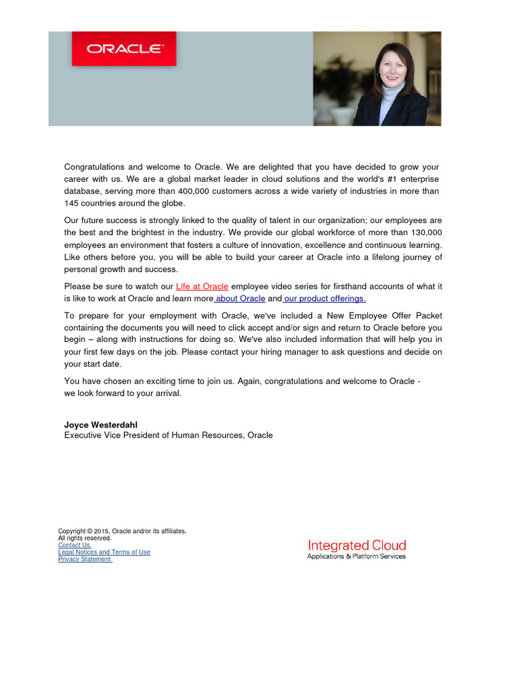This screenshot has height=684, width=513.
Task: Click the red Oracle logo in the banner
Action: click(124, 49)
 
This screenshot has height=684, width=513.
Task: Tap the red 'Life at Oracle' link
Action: click(202, 287)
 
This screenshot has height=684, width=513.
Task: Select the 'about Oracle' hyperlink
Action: click(240, 299)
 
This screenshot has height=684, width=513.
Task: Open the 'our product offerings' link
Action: click(325, 299)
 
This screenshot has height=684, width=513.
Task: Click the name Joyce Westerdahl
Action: click(101, 425)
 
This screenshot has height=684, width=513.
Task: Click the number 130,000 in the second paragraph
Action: click(419, 232)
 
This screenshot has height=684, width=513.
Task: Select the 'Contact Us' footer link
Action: click(74, 545)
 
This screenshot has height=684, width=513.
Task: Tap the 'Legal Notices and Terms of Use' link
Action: click(104, 552)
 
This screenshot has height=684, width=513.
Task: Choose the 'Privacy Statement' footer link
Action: click(85, 559)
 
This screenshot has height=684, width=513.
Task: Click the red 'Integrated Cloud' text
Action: click(356, 546)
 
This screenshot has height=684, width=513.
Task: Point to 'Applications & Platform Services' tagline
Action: click(356, 556)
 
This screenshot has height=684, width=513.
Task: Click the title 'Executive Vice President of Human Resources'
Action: click(154, 436)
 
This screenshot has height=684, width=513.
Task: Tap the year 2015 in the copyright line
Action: click(102, 531)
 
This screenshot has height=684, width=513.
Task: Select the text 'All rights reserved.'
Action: click(85, 538)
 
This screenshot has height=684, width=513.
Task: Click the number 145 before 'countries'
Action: click(71, 204)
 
